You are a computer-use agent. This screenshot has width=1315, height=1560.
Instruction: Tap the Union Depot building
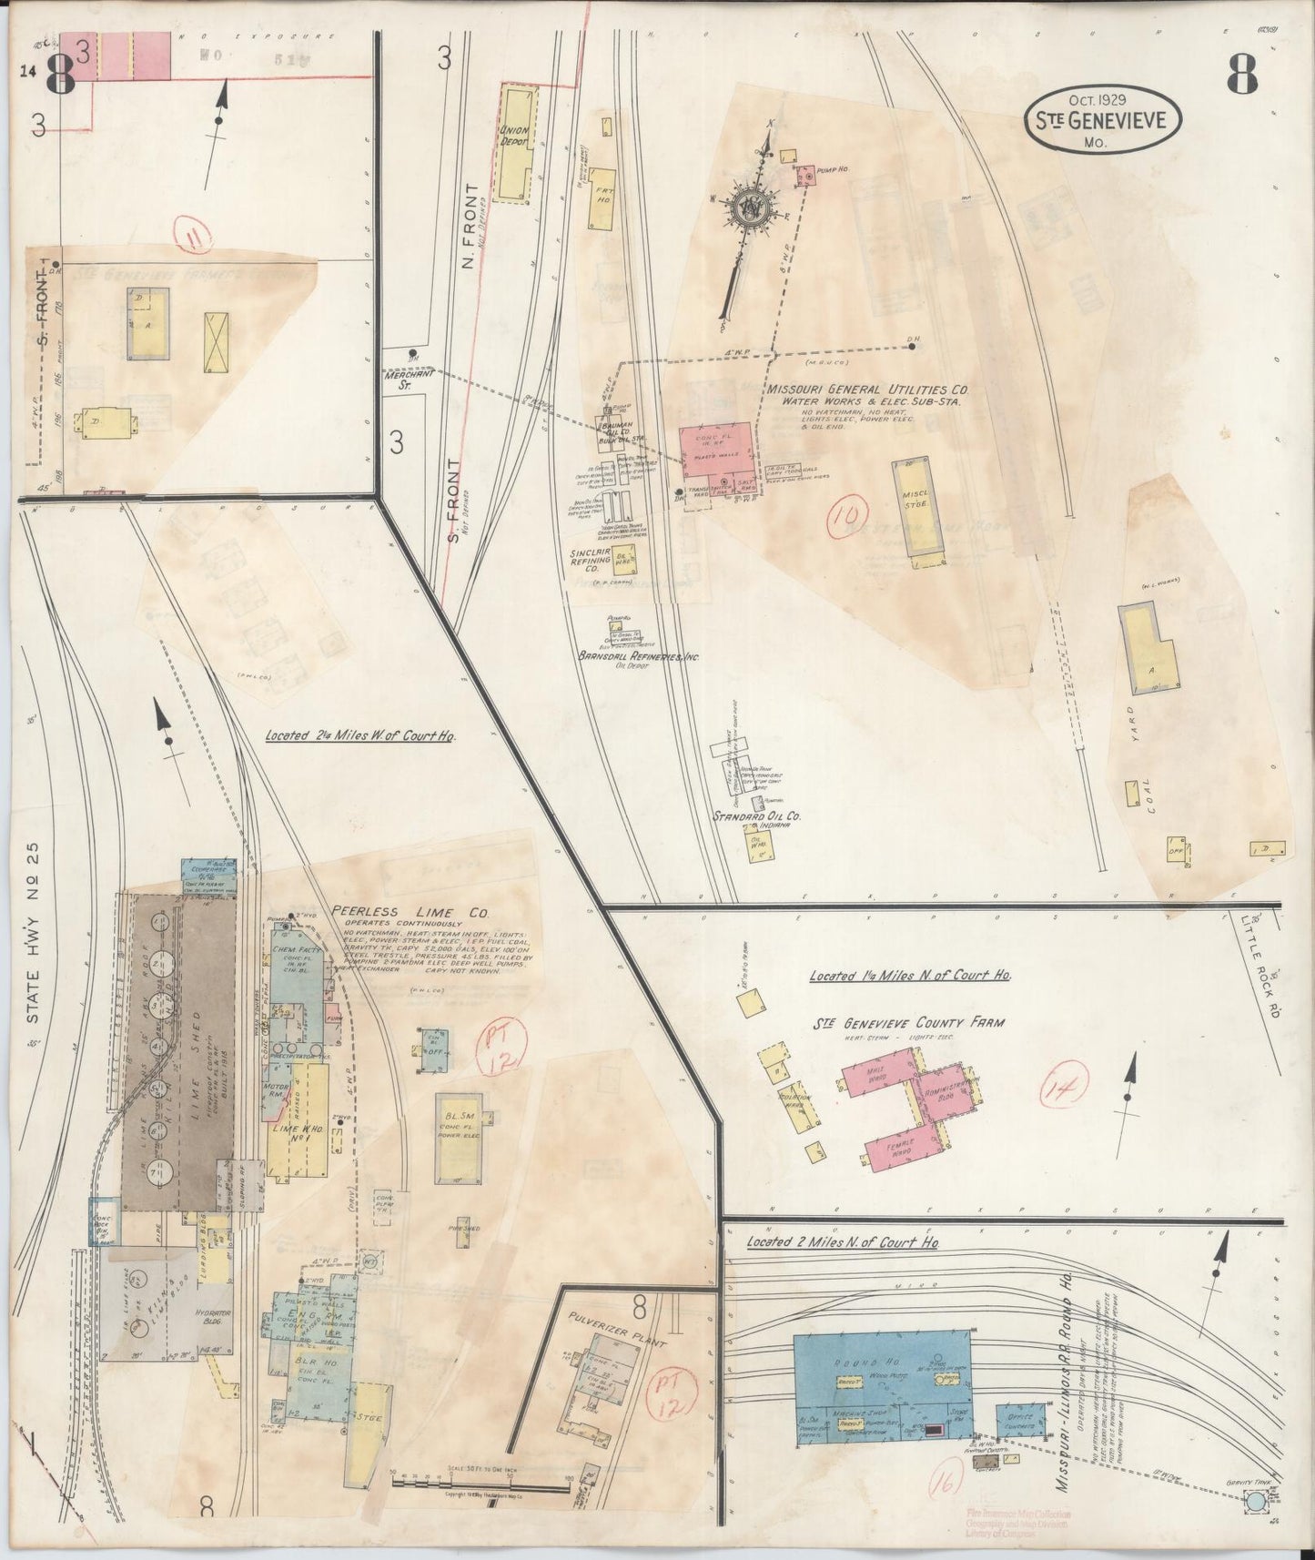click(517, 141)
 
